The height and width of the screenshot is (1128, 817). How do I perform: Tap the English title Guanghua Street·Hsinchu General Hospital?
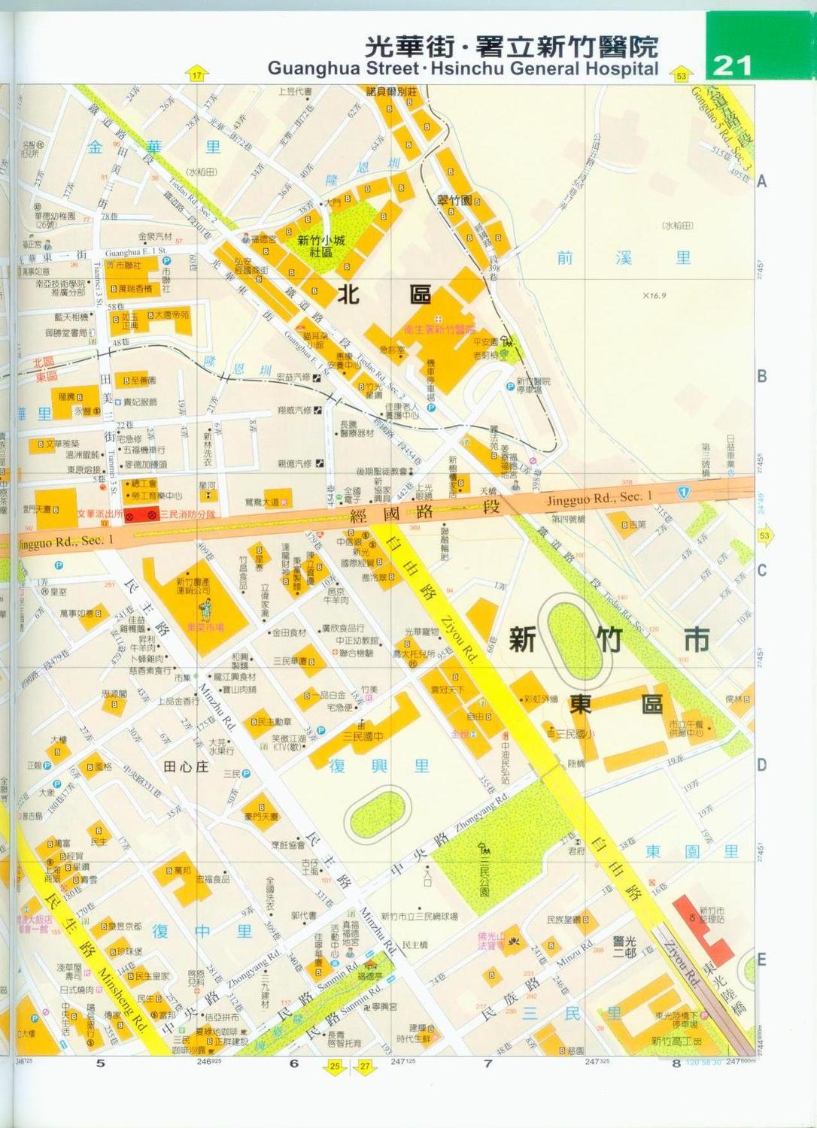463,69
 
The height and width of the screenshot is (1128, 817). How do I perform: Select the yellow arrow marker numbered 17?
197,75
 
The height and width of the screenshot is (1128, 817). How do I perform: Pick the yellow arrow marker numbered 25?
335,1066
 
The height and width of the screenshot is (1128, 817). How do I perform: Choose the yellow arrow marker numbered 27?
366,1066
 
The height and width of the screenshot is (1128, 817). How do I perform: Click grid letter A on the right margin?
761,181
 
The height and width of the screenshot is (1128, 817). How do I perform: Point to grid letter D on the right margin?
761,765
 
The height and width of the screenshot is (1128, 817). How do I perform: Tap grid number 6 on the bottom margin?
293,1063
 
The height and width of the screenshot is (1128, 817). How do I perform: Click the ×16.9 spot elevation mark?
654,296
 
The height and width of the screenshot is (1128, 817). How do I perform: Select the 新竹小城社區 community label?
321,246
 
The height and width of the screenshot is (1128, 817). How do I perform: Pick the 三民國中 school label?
363,736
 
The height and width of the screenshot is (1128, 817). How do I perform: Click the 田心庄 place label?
186,766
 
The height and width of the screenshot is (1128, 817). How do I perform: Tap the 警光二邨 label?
624,947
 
